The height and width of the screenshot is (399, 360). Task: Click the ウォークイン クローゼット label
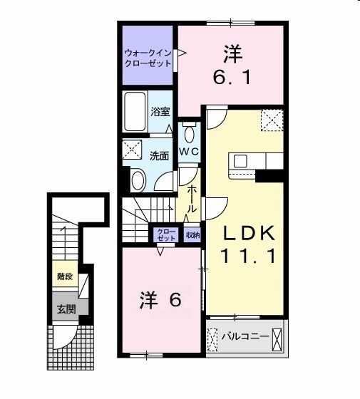coord(148,57)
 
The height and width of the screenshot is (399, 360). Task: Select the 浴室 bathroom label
coord(160,111)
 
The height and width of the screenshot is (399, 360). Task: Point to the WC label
coord(188,152)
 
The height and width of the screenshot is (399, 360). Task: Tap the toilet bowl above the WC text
coord(188,133)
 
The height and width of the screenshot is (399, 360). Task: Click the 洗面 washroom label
coord(159,156)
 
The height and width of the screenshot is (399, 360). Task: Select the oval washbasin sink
coord(138,181)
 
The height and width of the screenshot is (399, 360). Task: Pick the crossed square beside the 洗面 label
coord(131,150)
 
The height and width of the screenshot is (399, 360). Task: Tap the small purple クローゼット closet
coord(165,234)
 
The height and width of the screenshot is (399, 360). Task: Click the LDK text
coord(246,233)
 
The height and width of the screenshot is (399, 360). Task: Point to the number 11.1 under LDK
coord(246,256)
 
